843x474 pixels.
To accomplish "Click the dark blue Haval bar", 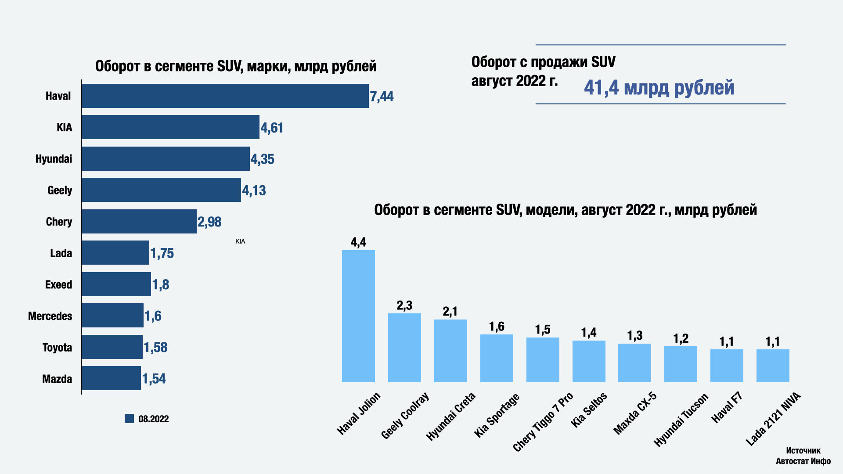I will (x=225, y=96).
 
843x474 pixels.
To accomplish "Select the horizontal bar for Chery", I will (x=139, y=221).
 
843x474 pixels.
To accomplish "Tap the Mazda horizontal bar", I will (x=111, y=378).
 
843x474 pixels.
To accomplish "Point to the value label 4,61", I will (x=272, y=128).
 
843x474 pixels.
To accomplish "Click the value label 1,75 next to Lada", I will (x=162, y=253).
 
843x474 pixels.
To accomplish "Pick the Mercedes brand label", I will (x=50, y=316).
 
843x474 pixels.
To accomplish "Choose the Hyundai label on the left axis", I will (x=54, y=159).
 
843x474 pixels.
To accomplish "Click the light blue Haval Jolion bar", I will (x=358, y=316).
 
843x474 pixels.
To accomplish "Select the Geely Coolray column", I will (x=404, y=348).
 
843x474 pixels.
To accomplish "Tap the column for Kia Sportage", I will (x=497, y=358).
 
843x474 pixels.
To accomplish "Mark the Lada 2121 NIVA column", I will (x=773, y=366).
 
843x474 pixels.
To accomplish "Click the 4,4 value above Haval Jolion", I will (x=358, y=242).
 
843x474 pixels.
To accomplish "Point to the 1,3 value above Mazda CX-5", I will (x=634, y=336).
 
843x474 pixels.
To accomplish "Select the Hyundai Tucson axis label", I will (x=681, y=420).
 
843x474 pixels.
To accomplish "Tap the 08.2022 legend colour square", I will (x=129, y=419).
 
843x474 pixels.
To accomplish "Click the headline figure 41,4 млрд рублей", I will (x=659, y=87).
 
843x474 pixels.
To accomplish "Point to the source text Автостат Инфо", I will (x=803, y=461).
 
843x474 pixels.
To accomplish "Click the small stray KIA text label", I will (x=240, y=241).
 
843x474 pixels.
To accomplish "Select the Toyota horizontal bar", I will (x=112, y=347).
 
